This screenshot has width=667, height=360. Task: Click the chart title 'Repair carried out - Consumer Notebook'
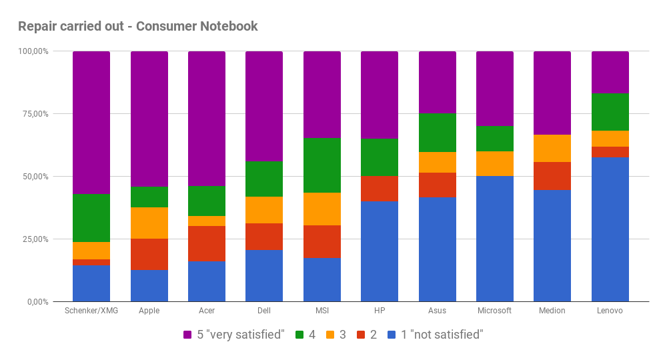(x=137, y=27)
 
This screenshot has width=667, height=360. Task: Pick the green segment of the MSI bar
(x=322, y=165)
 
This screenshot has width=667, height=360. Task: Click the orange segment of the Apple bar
(x=149, y=223)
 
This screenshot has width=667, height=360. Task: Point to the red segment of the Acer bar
(x=207, y=243)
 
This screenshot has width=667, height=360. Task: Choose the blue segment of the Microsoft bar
(x=495, y=239)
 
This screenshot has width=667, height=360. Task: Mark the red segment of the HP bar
(x=380, y=188)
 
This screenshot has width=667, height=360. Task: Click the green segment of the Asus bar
(x=438, y=133)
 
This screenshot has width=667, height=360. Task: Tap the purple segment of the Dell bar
(x=264, y=106)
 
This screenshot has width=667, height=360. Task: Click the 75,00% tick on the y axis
(x=34, y=114)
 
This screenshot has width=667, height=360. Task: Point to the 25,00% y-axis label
(x=34, y=239)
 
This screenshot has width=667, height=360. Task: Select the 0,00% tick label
(x=36, y=302)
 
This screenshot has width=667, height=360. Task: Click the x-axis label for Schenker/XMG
(x=91, y=311)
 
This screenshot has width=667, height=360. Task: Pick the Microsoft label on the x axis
(x=495, y=311)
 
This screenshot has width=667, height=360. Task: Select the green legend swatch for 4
(x=299, y=335)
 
